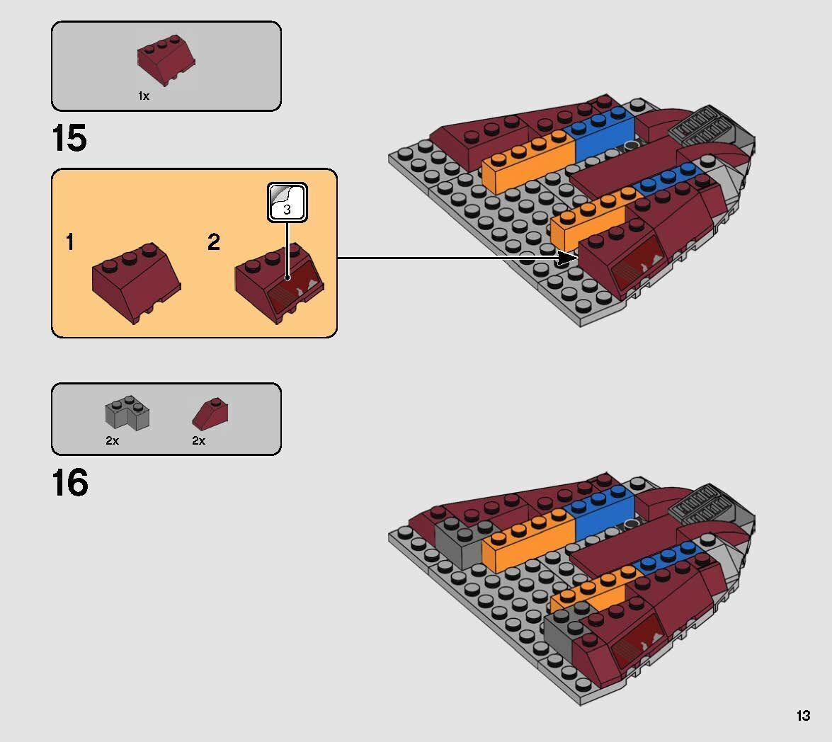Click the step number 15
pyautogui.click(x=69, y=138)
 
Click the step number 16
pyautogui.click(x=69, y=484)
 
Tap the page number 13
pyautogui.click(x=802, y=716)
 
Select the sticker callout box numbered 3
pyautogui.click(x=287, y=202)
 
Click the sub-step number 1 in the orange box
pyautogui.click(x=69, y=243)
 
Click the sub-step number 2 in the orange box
pyautogui.click(x=214, y=243)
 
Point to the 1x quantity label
pyautogui.click(x=144, y=96)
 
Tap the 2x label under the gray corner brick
pyautogui.click(x=112, y=440)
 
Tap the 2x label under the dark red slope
pyautogui.click(x=198, y=440)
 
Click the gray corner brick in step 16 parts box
pyautogui.click(x=127, y=413)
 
